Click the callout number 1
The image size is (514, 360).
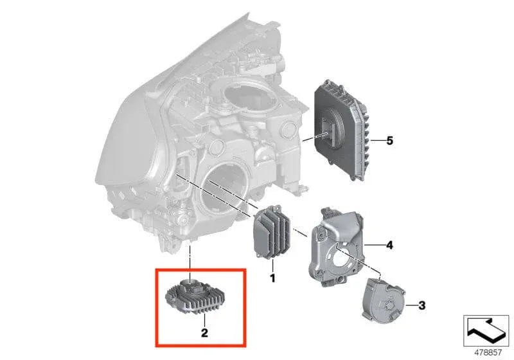click(272, 278)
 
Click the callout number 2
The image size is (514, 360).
click(204, 332)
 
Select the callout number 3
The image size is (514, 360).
click(421, 304)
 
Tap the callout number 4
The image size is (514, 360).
click(389, 245)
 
